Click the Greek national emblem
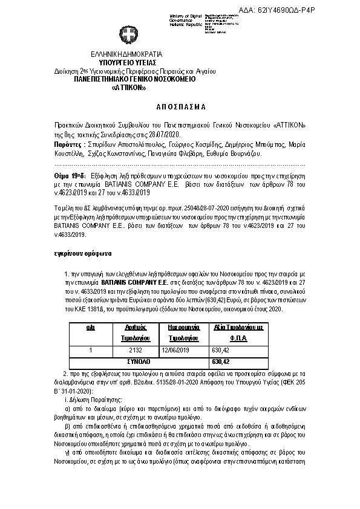129,34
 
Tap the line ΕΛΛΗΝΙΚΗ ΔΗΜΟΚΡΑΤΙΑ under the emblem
129,54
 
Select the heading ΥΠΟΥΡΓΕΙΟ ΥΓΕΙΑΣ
129,62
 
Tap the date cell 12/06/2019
176,349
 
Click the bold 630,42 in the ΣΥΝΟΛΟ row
220,361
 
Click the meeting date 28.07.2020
166,134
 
